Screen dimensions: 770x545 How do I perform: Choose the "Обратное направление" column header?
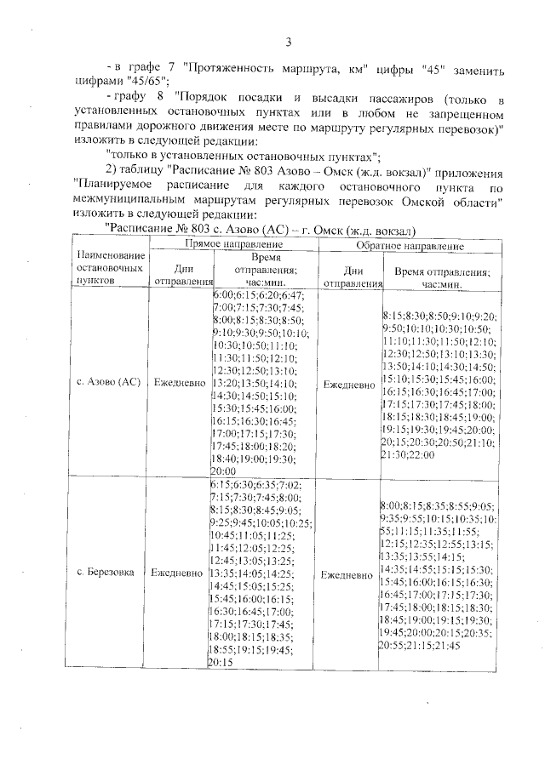click(410, 246)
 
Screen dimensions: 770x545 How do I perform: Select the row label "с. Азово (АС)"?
click(109, 383)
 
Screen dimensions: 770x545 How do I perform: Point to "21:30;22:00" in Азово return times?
click(409, 455)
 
